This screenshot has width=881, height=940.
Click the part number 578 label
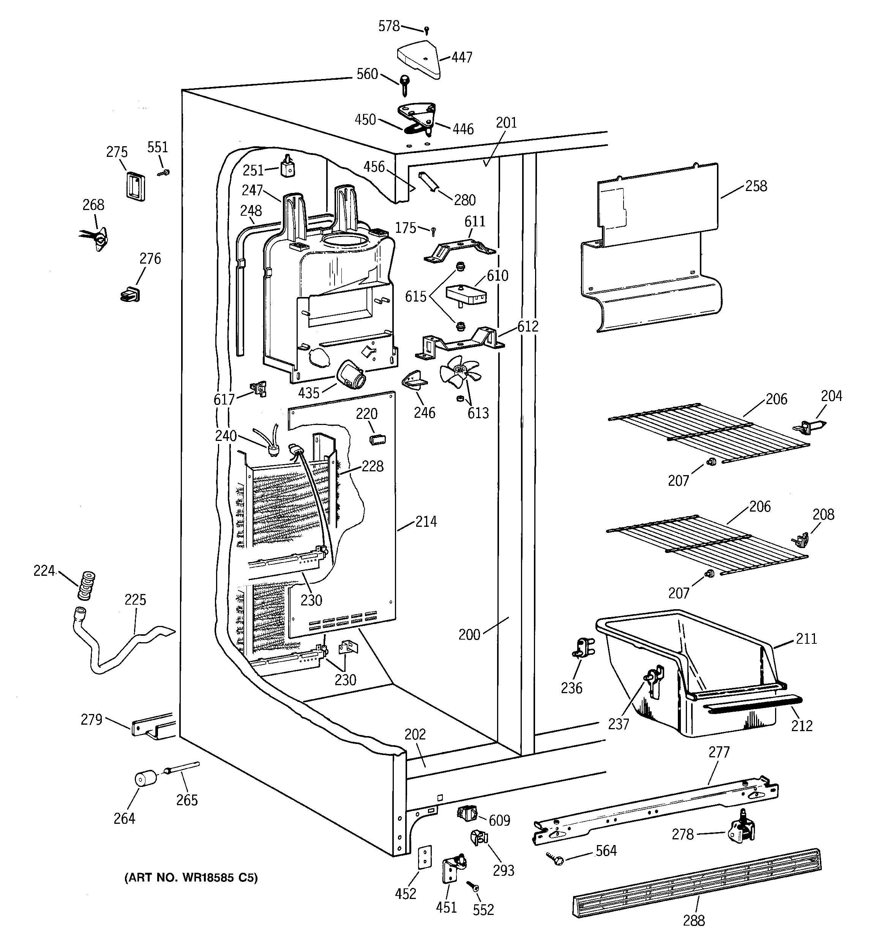tap(389, 27)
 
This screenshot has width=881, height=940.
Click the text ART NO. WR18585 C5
tap(191, 878)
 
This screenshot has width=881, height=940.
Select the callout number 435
tap(309, 393)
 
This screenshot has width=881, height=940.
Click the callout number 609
tap(499, 820)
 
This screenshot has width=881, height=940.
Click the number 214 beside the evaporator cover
tap(426, 521)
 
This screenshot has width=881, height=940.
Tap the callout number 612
tap(527, 326)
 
